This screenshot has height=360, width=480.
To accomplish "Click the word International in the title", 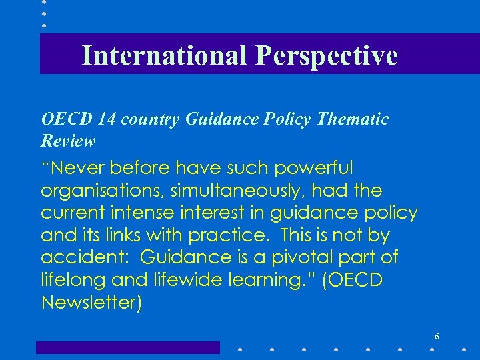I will pyautogui.click(x=165, y=55).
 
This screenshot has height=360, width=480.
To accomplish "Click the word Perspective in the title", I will pyautogui.click(x=326, y=55).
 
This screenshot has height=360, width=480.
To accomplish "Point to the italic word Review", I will pyautogui.click(x=68, y=141).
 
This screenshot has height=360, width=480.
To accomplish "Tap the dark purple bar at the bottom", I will pyautogui.click(x=127, y=347).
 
